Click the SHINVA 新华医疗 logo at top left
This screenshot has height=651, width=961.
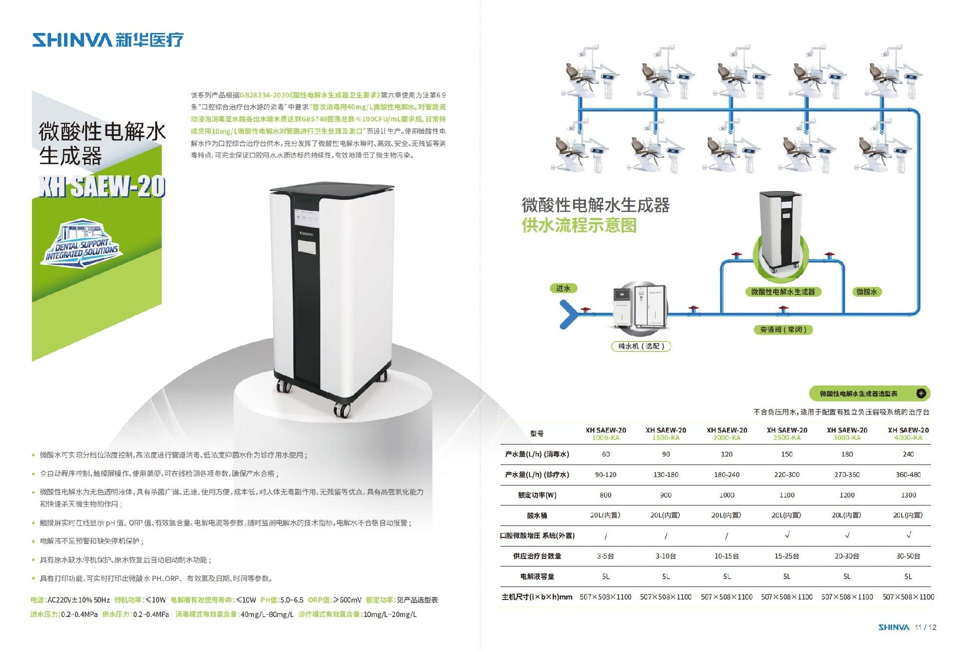pyautogui.click(x=108, y=39)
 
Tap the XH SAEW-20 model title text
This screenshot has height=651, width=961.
pyautogui.click(x=102, y=186)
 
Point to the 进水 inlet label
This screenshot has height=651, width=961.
pyautogui.click(x=563, y=288)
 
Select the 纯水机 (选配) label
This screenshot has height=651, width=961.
pyautogui.click(x=641, y=346)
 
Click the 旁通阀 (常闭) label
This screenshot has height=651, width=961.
pyautogui.click(x=783, y=329)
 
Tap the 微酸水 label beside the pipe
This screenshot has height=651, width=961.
pyautogui.click(x=866, y=292)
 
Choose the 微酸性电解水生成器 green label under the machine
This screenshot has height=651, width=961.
pyautogui.click(x=783, y=292)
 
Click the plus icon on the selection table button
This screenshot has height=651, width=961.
pyautogui.click(x=921, y=393)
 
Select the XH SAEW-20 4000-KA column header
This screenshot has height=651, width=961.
pyautogui.click(x=908, y=433)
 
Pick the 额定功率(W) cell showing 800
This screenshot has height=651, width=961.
pyautogui.click(x=606, y=495)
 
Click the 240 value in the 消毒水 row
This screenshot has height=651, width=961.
pyautogui.click(x=908, y=454)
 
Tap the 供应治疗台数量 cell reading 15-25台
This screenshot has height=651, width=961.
pyautogui.click(x=787, y=556)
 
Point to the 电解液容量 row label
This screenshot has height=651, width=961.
pyautogui.click(x=537, y=576)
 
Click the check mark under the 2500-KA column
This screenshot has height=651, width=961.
pyautogui.click(x=787, y=535)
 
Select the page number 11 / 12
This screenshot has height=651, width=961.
pyautogui.click(x=925, y=627)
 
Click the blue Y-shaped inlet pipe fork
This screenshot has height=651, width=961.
pyautogui.click(x=569, y=314)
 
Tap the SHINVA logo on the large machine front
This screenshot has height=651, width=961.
pyautogui.click(x=306, y=233)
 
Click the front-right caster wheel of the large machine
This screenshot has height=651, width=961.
pyautogui.click(x=342, y=409)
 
